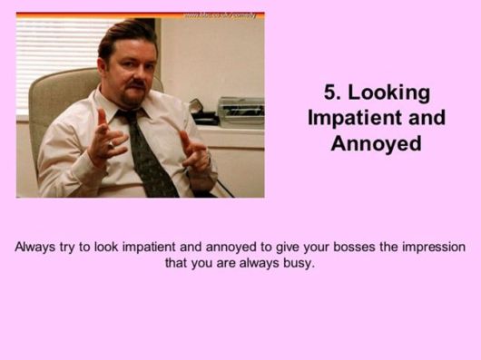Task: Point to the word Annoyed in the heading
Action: coord(377,143)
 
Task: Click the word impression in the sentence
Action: coord(428,248)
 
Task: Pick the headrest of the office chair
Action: coord(73,91)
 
